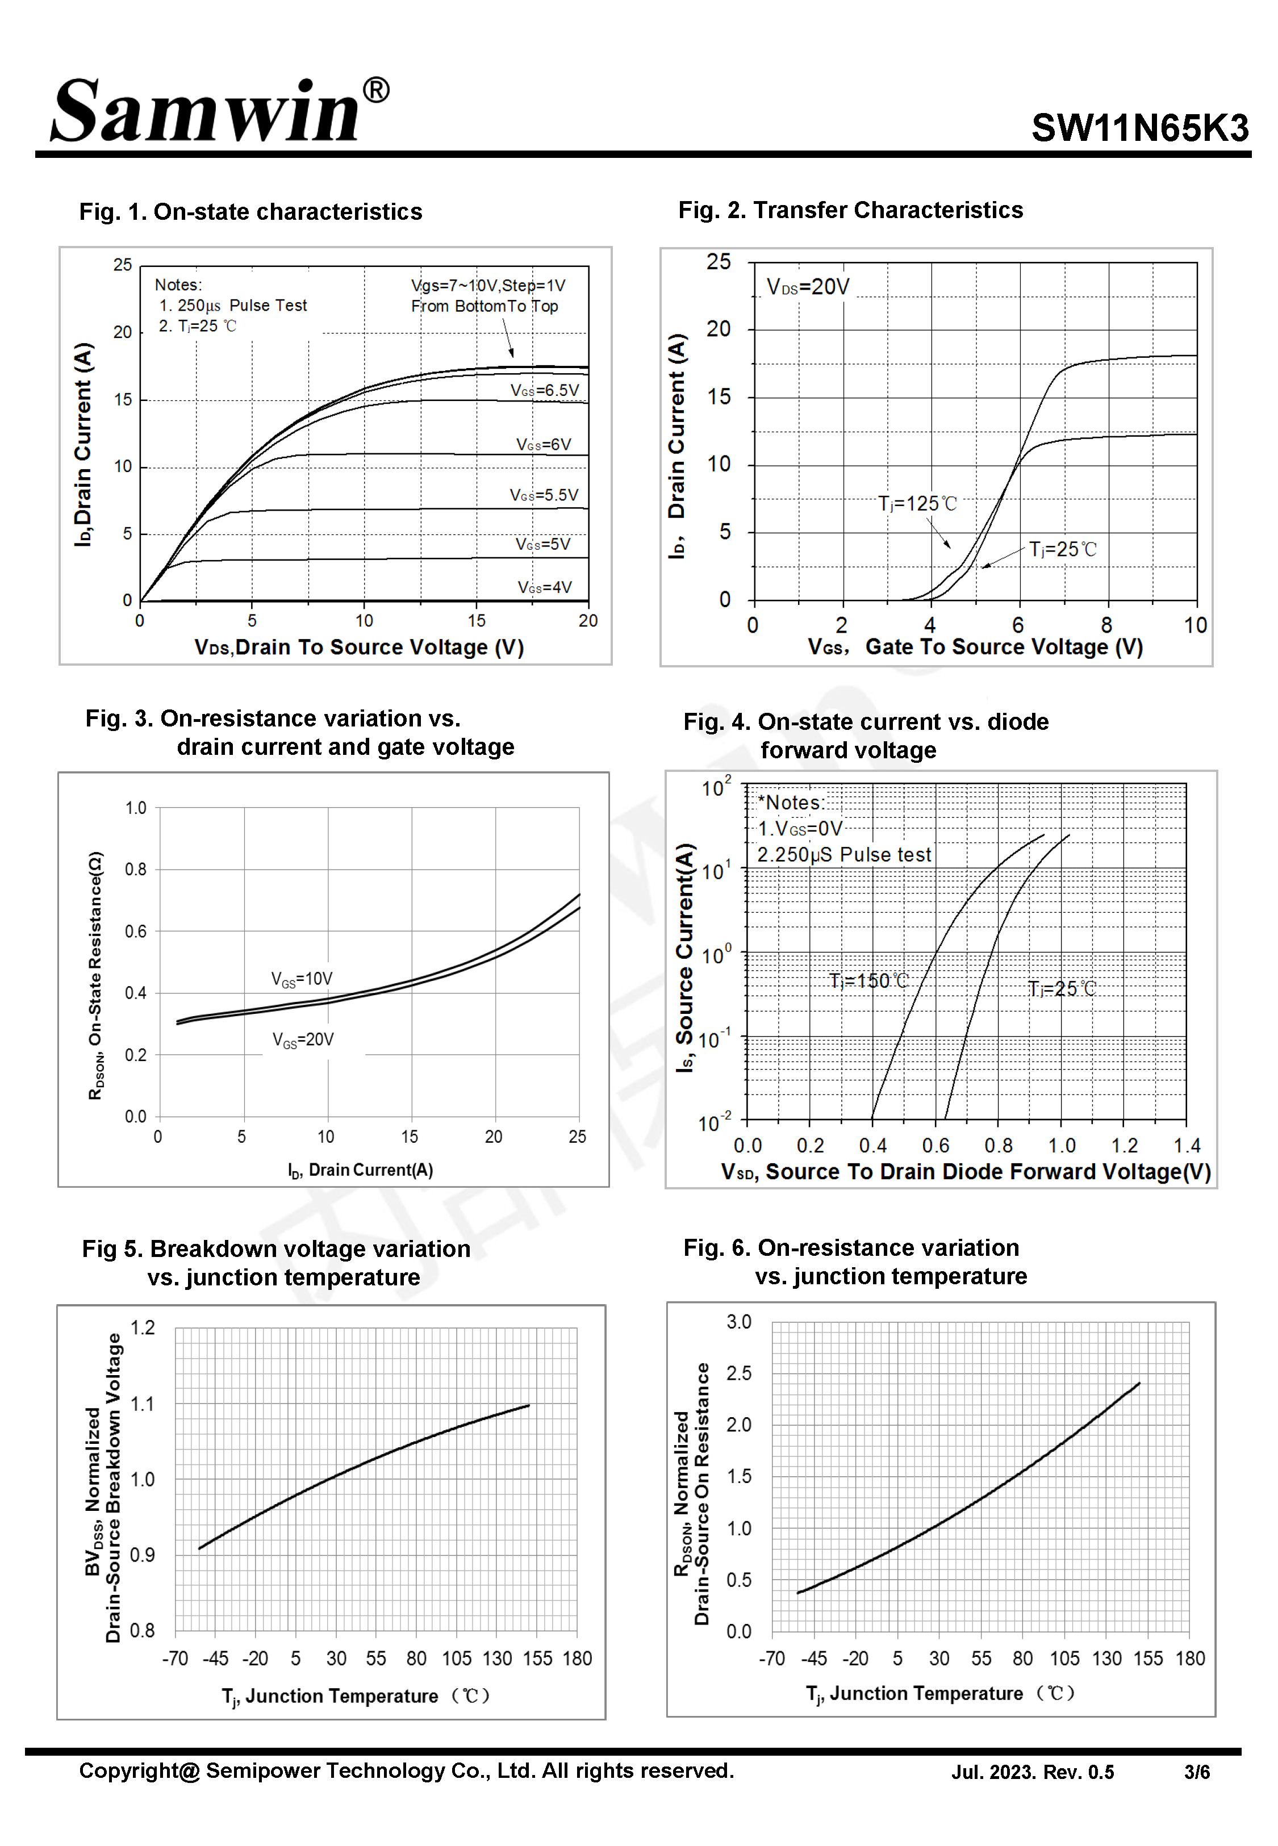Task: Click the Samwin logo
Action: pos(207,112)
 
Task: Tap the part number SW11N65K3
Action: pos(1139,128)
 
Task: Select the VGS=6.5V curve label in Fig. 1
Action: pos(545,391)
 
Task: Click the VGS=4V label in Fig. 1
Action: pos(545,587)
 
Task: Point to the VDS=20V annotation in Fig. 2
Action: pos(807,287)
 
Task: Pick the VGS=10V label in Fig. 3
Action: pos(302,979)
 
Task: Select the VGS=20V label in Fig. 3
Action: pos(303,1040)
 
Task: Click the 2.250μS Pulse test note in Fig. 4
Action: pos(844,855)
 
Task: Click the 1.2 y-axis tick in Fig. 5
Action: pos(143,1328)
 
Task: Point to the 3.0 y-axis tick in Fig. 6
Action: pos(738,1322)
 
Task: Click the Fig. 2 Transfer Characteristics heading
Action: pos(850,211)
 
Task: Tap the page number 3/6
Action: pos(1196,1772)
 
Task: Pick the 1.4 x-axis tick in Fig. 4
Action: pos(1187,1146)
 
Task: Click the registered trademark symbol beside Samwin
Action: pos(377,90)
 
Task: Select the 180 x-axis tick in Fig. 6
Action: pos(1190,1659)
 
